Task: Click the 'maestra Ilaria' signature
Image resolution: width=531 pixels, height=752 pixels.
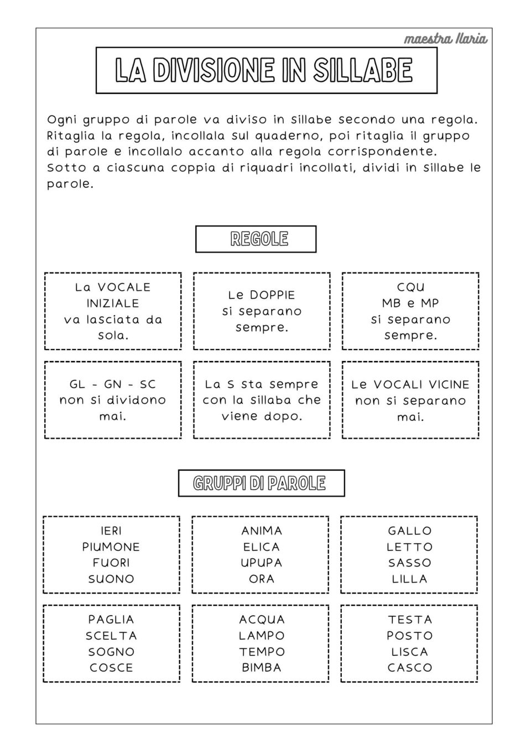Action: click(x=445, y=39)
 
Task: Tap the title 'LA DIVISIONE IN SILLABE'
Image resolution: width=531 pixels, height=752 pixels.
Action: click(x=264, y=70)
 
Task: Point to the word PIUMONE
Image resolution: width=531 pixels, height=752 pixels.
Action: click(x=111, y=547)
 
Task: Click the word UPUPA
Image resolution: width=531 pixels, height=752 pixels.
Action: click(x=262, y=563)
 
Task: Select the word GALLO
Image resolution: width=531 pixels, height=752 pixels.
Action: click(x=410, y=530)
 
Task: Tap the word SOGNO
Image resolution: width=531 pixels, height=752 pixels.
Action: click(x=111, y=652)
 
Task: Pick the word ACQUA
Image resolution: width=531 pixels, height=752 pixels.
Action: click(x=262, y=620)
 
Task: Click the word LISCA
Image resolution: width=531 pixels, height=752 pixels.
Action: click(x=410, y=652)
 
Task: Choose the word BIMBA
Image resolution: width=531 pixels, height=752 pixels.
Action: click(x=262, y=668)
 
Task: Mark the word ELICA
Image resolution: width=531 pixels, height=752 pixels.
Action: click(x=262, y=547)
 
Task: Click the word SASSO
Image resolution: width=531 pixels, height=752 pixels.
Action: click(x=410, y=563)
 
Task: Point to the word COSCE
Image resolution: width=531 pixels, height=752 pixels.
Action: click(x=111, y=668)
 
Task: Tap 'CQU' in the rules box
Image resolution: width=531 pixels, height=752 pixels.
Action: click(x=411, y=287)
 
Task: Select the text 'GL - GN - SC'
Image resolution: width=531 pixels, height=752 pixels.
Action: click(x=113, y=384)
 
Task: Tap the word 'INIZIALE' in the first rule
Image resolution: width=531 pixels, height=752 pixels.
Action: click(x=113, y=303)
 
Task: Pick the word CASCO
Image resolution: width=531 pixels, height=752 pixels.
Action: click(x=410, y=668)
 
